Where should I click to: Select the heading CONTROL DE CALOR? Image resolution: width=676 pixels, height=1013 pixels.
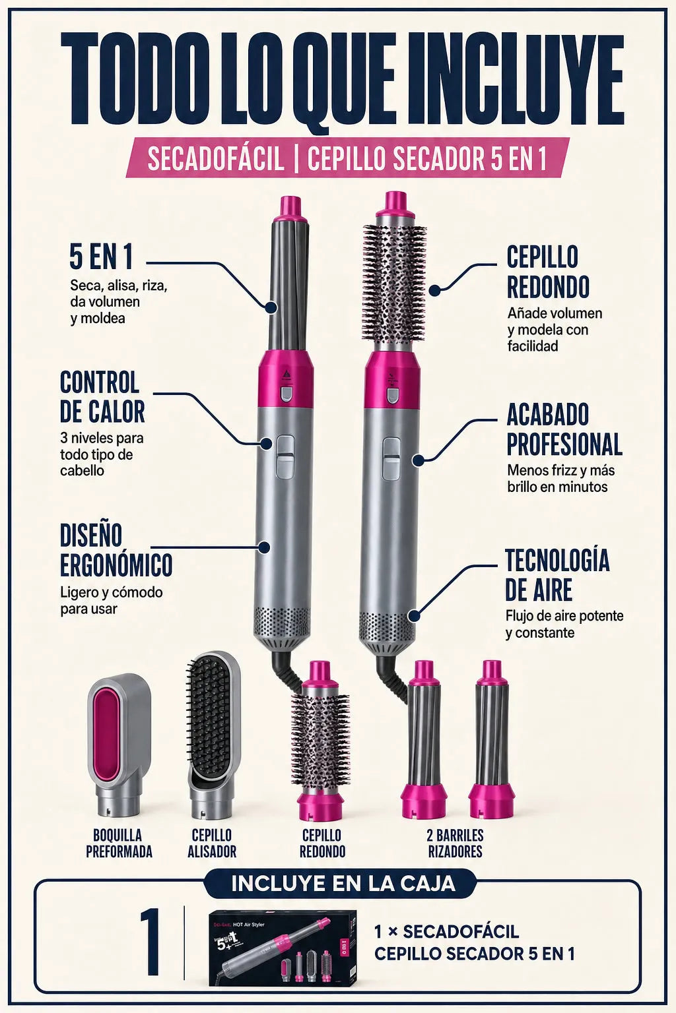click(x=102, y=396)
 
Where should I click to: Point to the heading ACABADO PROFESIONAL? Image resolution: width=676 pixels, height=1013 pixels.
click(x=564, y=429)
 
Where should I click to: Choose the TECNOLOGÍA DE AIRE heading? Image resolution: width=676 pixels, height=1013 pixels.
click(x=557, y=575)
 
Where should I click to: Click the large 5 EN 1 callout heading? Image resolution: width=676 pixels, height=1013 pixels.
click(x=101, y=256)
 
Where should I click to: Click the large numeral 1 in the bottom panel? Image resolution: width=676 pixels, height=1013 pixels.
click(x=150, y=948)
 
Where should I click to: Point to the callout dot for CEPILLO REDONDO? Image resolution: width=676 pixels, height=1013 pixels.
click(x=434, y=290)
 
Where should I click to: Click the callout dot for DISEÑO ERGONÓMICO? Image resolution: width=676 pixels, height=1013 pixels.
click(x=264, y=547)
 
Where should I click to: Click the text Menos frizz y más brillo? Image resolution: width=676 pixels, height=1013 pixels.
click(x=561, y=478)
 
